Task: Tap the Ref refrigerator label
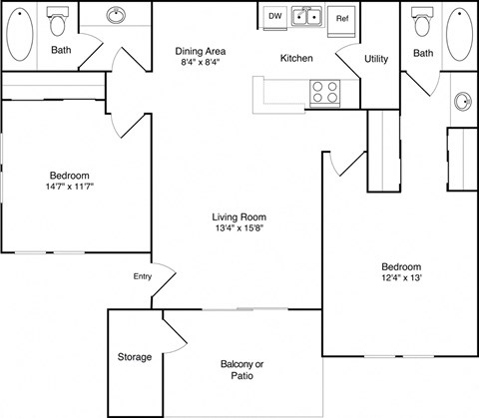pyautogui.click(x=342, y=18)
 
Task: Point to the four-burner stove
pyautogui.click(x=326, y=92)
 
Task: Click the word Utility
pyautogui.click(x=376, y=59)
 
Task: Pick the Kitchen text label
pyautogui.click(x=296, y=59)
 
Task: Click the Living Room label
pyautogui.click(x=239, y=216)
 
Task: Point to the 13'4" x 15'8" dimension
pyautogui.click(x=239, y=228)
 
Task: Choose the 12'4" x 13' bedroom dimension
pyautogui.click(x=401, y=278)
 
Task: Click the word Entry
pyautogui.click(x=142, y=276)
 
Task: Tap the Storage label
pyautogui.click(x=135, y=357)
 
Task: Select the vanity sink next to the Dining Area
pyautogui.click(x=116, y=16)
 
